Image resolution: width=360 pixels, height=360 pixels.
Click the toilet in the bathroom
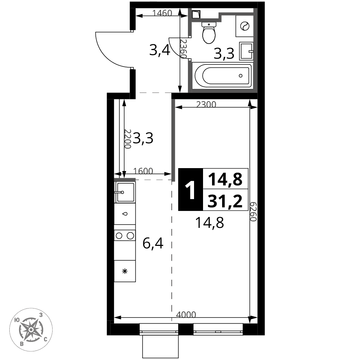(x=209, y=33)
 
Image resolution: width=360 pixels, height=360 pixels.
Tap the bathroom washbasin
(x=246, y=51)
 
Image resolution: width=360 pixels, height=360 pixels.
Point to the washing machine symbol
(x=244, y=26)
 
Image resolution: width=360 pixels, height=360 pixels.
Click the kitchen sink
(x=125, y=192)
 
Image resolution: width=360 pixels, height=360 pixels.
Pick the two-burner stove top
(x=125, y=235)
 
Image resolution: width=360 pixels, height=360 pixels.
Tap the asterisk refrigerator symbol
(x=125, y=271)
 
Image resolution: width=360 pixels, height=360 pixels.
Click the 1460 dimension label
(x=162, y=13)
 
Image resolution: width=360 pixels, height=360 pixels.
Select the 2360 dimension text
(x=183, y=49)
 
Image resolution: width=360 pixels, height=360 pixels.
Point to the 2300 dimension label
(x=206, y=104)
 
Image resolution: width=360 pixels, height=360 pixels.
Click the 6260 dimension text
(x=253, y=212)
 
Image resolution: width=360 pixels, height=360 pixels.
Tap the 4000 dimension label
(x=186, y=315)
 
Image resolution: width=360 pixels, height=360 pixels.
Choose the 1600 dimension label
(x=143, y=171)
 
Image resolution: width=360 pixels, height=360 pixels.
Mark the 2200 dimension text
(x=127, y=139)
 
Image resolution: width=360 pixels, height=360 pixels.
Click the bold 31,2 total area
(x=225, y=200)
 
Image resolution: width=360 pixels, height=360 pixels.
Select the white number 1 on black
(x=190, y=190)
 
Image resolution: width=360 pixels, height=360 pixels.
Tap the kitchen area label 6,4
(x=153, y=243)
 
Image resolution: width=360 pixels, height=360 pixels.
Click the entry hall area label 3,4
(x=159, y=50)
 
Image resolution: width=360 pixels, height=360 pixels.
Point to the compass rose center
(x=31, y=329)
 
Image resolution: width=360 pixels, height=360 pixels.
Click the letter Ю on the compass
(x=17, y=320)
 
